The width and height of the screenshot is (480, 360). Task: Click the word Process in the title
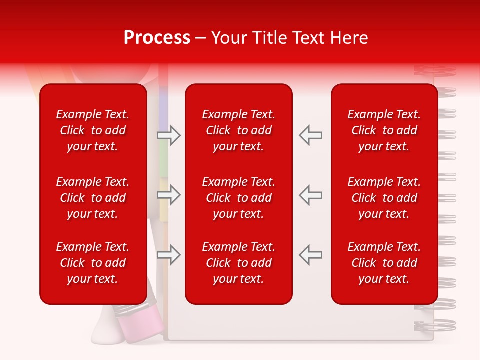click(x=157, y=38)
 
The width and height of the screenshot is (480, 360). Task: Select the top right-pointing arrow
click(x=169, y=135)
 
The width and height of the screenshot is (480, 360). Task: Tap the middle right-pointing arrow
click(x=169, y=195)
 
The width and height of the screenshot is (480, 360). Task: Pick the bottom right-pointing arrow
click(x=169, y=255)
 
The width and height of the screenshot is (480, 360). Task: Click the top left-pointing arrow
click(x=310, y=135)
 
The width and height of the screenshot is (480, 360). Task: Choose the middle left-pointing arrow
click(x=310, y=195)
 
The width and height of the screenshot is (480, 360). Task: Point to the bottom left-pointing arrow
click(x=310, y=255)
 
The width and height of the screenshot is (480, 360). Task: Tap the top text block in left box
click(x=93, y=130)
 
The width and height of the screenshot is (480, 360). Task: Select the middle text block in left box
click(x=93, y=198)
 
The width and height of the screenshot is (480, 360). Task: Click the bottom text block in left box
click(x=93, y=263)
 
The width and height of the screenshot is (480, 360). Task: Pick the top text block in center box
click(x=239, y=130)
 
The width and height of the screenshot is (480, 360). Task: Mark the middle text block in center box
click(x=239, y=198)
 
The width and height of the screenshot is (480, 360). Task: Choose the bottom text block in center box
click(x=239, y=263)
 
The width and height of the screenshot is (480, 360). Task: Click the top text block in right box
click(x=384, y=130)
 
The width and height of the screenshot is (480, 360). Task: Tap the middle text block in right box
click(x=384, y=198)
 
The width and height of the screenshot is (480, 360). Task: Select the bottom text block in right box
click(x=384, y=263)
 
